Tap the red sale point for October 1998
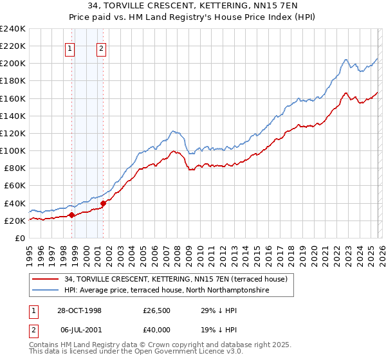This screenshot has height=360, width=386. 71,215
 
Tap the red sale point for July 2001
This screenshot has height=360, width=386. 103,203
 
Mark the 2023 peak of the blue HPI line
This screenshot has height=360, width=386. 345,60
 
